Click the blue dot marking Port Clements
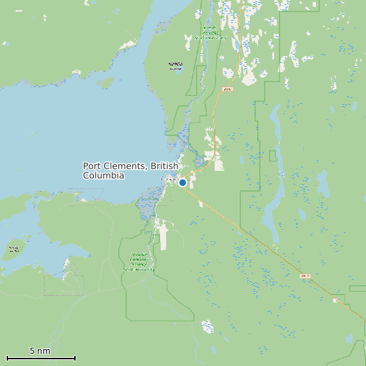pyautogui.click(x=182, y=182)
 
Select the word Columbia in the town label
pyautogui.click(x=103, y=176)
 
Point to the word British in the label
pyautogui.click(x=165, y=166)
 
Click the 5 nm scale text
pyautogui.click(x=40, y=351)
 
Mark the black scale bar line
pyautogui.click(x=41, y=358)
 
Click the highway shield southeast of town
pyautogui.click(x=305, y=276)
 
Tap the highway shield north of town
pyautogui.click(x=227, y=89)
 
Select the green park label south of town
pyautogui.click(x=139, y=262)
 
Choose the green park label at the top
pyautogui.click(x=209, y=34)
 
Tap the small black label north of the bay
pyautogui.click(x=175, y=66)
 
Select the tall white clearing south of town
pyautogui.click(x=163, y=236)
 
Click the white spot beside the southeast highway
pyautogui.click(x=336, y=300)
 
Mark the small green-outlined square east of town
pyautogui.click(x=273, y=156)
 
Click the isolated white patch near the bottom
pyautogui.click(x=207, y=327)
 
